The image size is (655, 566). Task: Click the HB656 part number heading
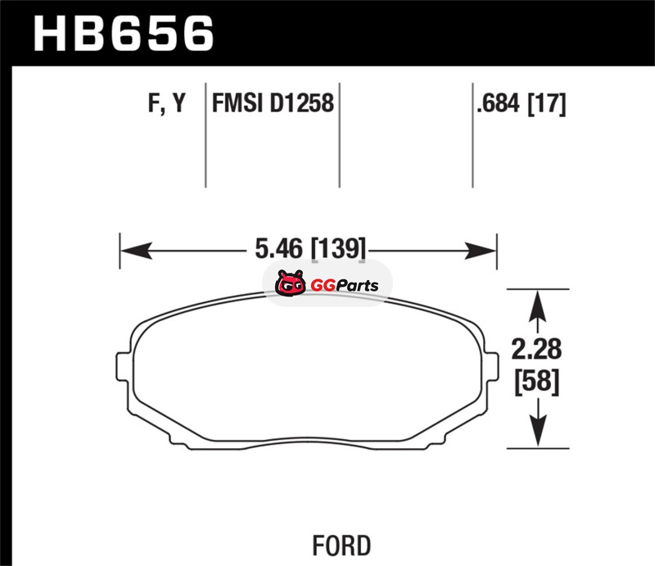coord(124,34)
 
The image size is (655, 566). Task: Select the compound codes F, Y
coord(167,103)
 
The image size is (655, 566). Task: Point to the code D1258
coord(301,103)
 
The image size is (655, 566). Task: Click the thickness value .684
coord(498,103)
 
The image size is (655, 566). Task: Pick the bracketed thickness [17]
coord(547,104)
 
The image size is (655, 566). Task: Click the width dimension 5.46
coord(278,248)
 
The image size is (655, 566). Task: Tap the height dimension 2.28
coord(537,350)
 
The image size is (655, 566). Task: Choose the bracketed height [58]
coord(537,381)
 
